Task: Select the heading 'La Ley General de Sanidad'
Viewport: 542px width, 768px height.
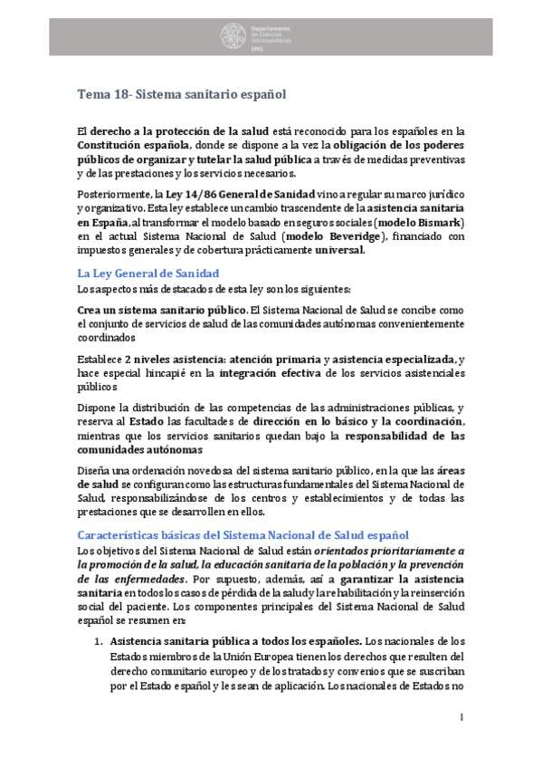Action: [x=147, y=273]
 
